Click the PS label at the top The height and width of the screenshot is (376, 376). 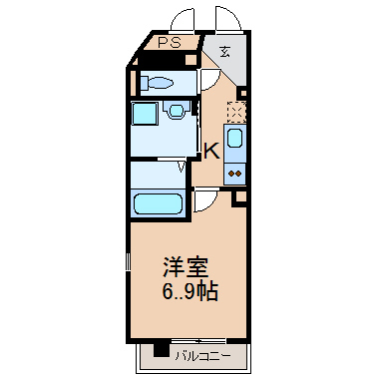click(170, 43)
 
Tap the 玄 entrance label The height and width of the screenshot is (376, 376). click(225, 51)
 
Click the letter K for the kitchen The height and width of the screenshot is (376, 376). click(211, 151)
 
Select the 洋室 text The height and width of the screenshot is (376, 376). click(186, 267)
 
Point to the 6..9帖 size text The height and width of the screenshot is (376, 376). click(189, 291)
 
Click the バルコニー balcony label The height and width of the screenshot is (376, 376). click(202, 356)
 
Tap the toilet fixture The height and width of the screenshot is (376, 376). click(157, 82)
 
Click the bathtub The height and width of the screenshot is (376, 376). click(158, 204)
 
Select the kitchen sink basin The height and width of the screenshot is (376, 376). click(234, 139)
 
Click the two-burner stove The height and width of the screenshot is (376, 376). click(234, 174)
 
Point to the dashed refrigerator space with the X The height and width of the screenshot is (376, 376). click(236, 112)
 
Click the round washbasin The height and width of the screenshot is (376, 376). click(176, 110)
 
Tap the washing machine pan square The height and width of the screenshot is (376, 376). click(145, 113)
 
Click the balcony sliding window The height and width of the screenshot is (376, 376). click(198, 341)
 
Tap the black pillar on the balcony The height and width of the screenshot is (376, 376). click(162, 350)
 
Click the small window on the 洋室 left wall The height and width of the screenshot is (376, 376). click(128, 261)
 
